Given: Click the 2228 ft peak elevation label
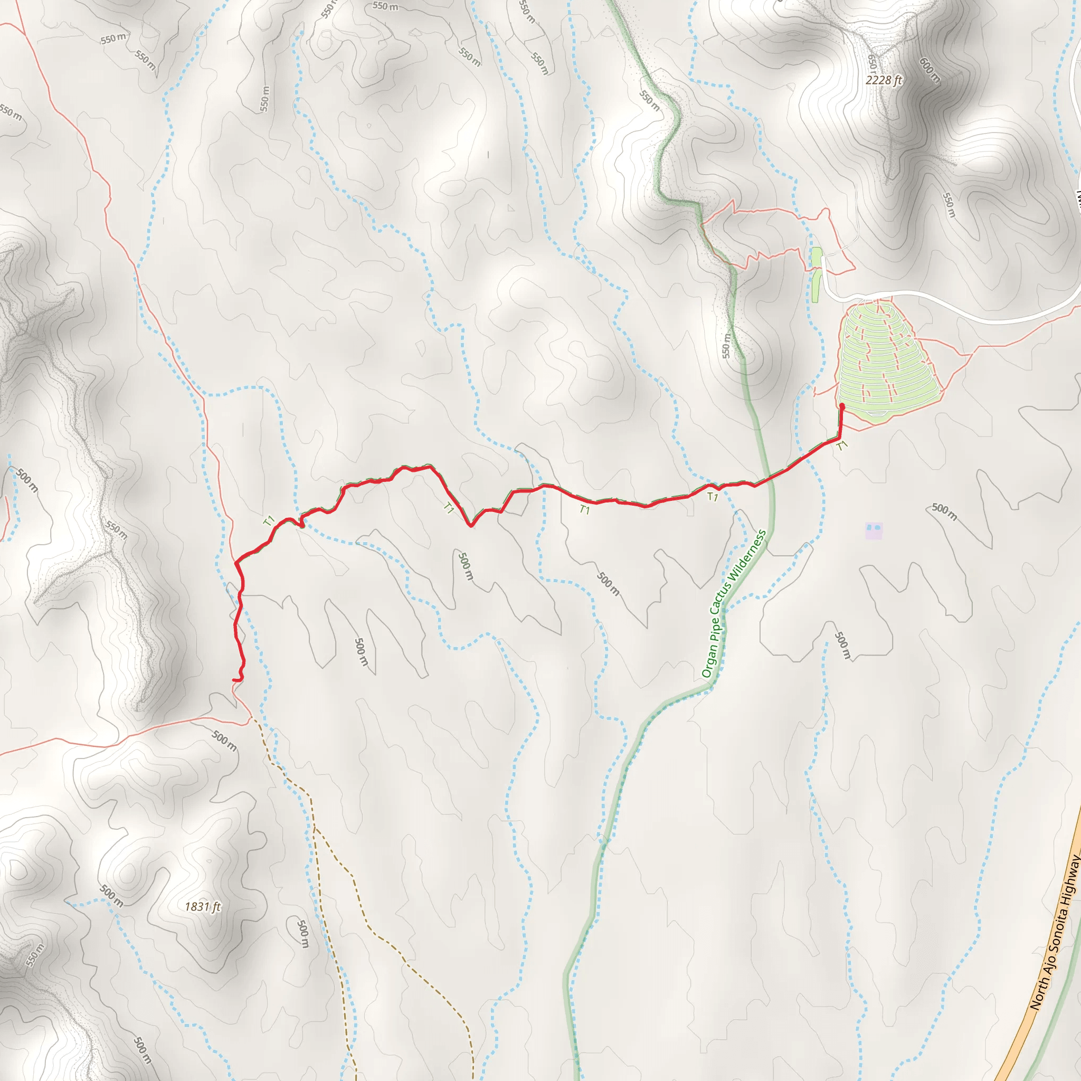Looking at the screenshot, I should pos(884,80).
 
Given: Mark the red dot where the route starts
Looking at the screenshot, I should pos(842,406).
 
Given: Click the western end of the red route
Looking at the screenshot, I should pos(234,680).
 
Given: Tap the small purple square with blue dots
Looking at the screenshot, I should pos(874,530).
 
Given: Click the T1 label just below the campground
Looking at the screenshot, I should pos(842,446).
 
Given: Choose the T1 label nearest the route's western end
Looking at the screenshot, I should pos(269,521).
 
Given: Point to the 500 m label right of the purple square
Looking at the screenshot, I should pos(944,511).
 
